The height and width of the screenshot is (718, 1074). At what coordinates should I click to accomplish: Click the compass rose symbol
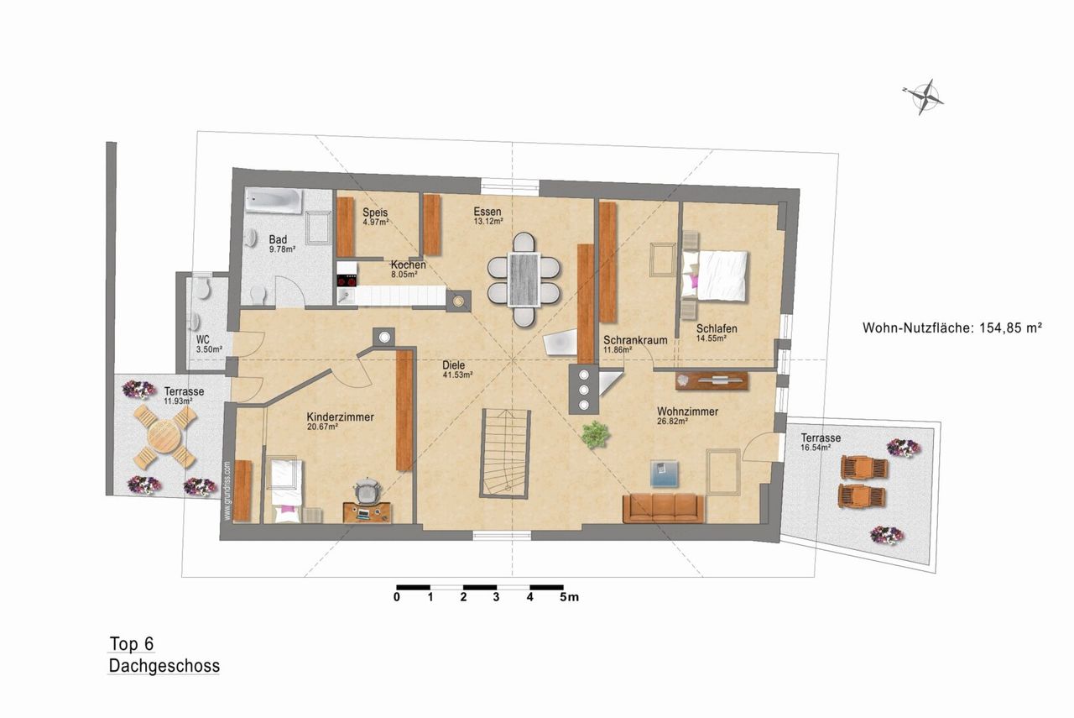pos(924,97)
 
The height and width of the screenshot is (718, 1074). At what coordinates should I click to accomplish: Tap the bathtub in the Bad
pos(274,201)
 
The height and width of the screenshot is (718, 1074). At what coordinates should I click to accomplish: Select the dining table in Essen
pos(524,280)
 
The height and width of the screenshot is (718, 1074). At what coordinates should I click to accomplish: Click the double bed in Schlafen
pos(715,276)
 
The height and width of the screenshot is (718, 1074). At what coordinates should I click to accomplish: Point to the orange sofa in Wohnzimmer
pos(663,508)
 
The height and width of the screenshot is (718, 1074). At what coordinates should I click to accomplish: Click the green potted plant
pos(596,435)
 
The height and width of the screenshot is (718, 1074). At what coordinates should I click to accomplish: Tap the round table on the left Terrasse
pos(164,437)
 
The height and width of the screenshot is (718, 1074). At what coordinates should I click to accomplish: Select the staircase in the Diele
pos(505,453)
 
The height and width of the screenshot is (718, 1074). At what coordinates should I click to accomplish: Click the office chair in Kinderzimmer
pos(368,490)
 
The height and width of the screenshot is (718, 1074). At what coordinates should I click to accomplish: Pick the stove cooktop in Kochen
pos(347,280)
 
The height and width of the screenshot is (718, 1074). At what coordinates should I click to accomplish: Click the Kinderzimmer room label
pos(341,417)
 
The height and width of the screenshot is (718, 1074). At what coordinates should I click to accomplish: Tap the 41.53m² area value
pos(457,375)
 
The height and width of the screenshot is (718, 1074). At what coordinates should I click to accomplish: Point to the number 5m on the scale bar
pos(570,597)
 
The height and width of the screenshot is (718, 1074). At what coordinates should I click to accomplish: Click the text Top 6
pos(132,643)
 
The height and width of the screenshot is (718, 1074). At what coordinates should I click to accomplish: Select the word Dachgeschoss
pos(164,666)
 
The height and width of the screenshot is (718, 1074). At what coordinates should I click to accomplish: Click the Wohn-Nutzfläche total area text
pos(952,328)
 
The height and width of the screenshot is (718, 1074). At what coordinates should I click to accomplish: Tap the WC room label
pos(202,340)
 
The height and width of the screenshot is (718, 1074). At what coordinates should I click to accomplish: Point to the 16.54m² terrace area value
pos(816,448)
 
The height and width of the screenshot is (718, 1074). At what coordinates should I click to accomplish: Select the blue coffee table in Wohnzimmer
pos(665,474)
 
